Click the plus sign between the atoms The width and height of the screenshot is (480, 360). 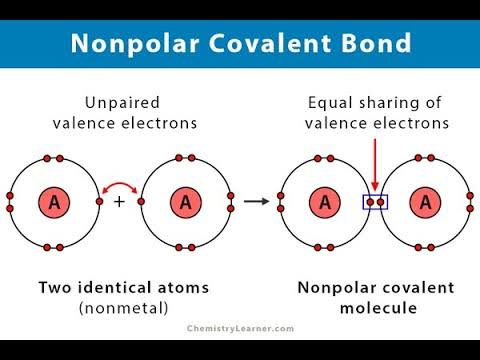coord(119,202)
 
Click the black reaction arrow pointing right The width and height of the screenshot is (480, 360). coord(257,202)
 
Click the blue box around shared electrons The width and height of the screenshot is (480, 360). coord(375,202)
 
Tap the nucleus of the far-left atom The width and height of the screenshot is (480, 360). coord(55,202)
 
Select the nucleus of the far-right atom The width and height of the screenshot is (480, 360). coord(427,202)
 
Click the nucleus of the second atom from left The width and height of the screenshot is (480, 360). coord(186,202)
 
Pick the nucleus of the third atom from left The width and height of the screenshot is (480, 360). coord(324,202)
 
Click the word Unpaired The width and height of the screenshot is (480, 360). coord(119,103)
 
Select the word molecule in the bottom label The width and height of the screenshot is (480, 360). coord(375,307)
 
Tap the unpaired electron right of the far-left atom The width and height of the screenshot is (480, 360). coord(99,202)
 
